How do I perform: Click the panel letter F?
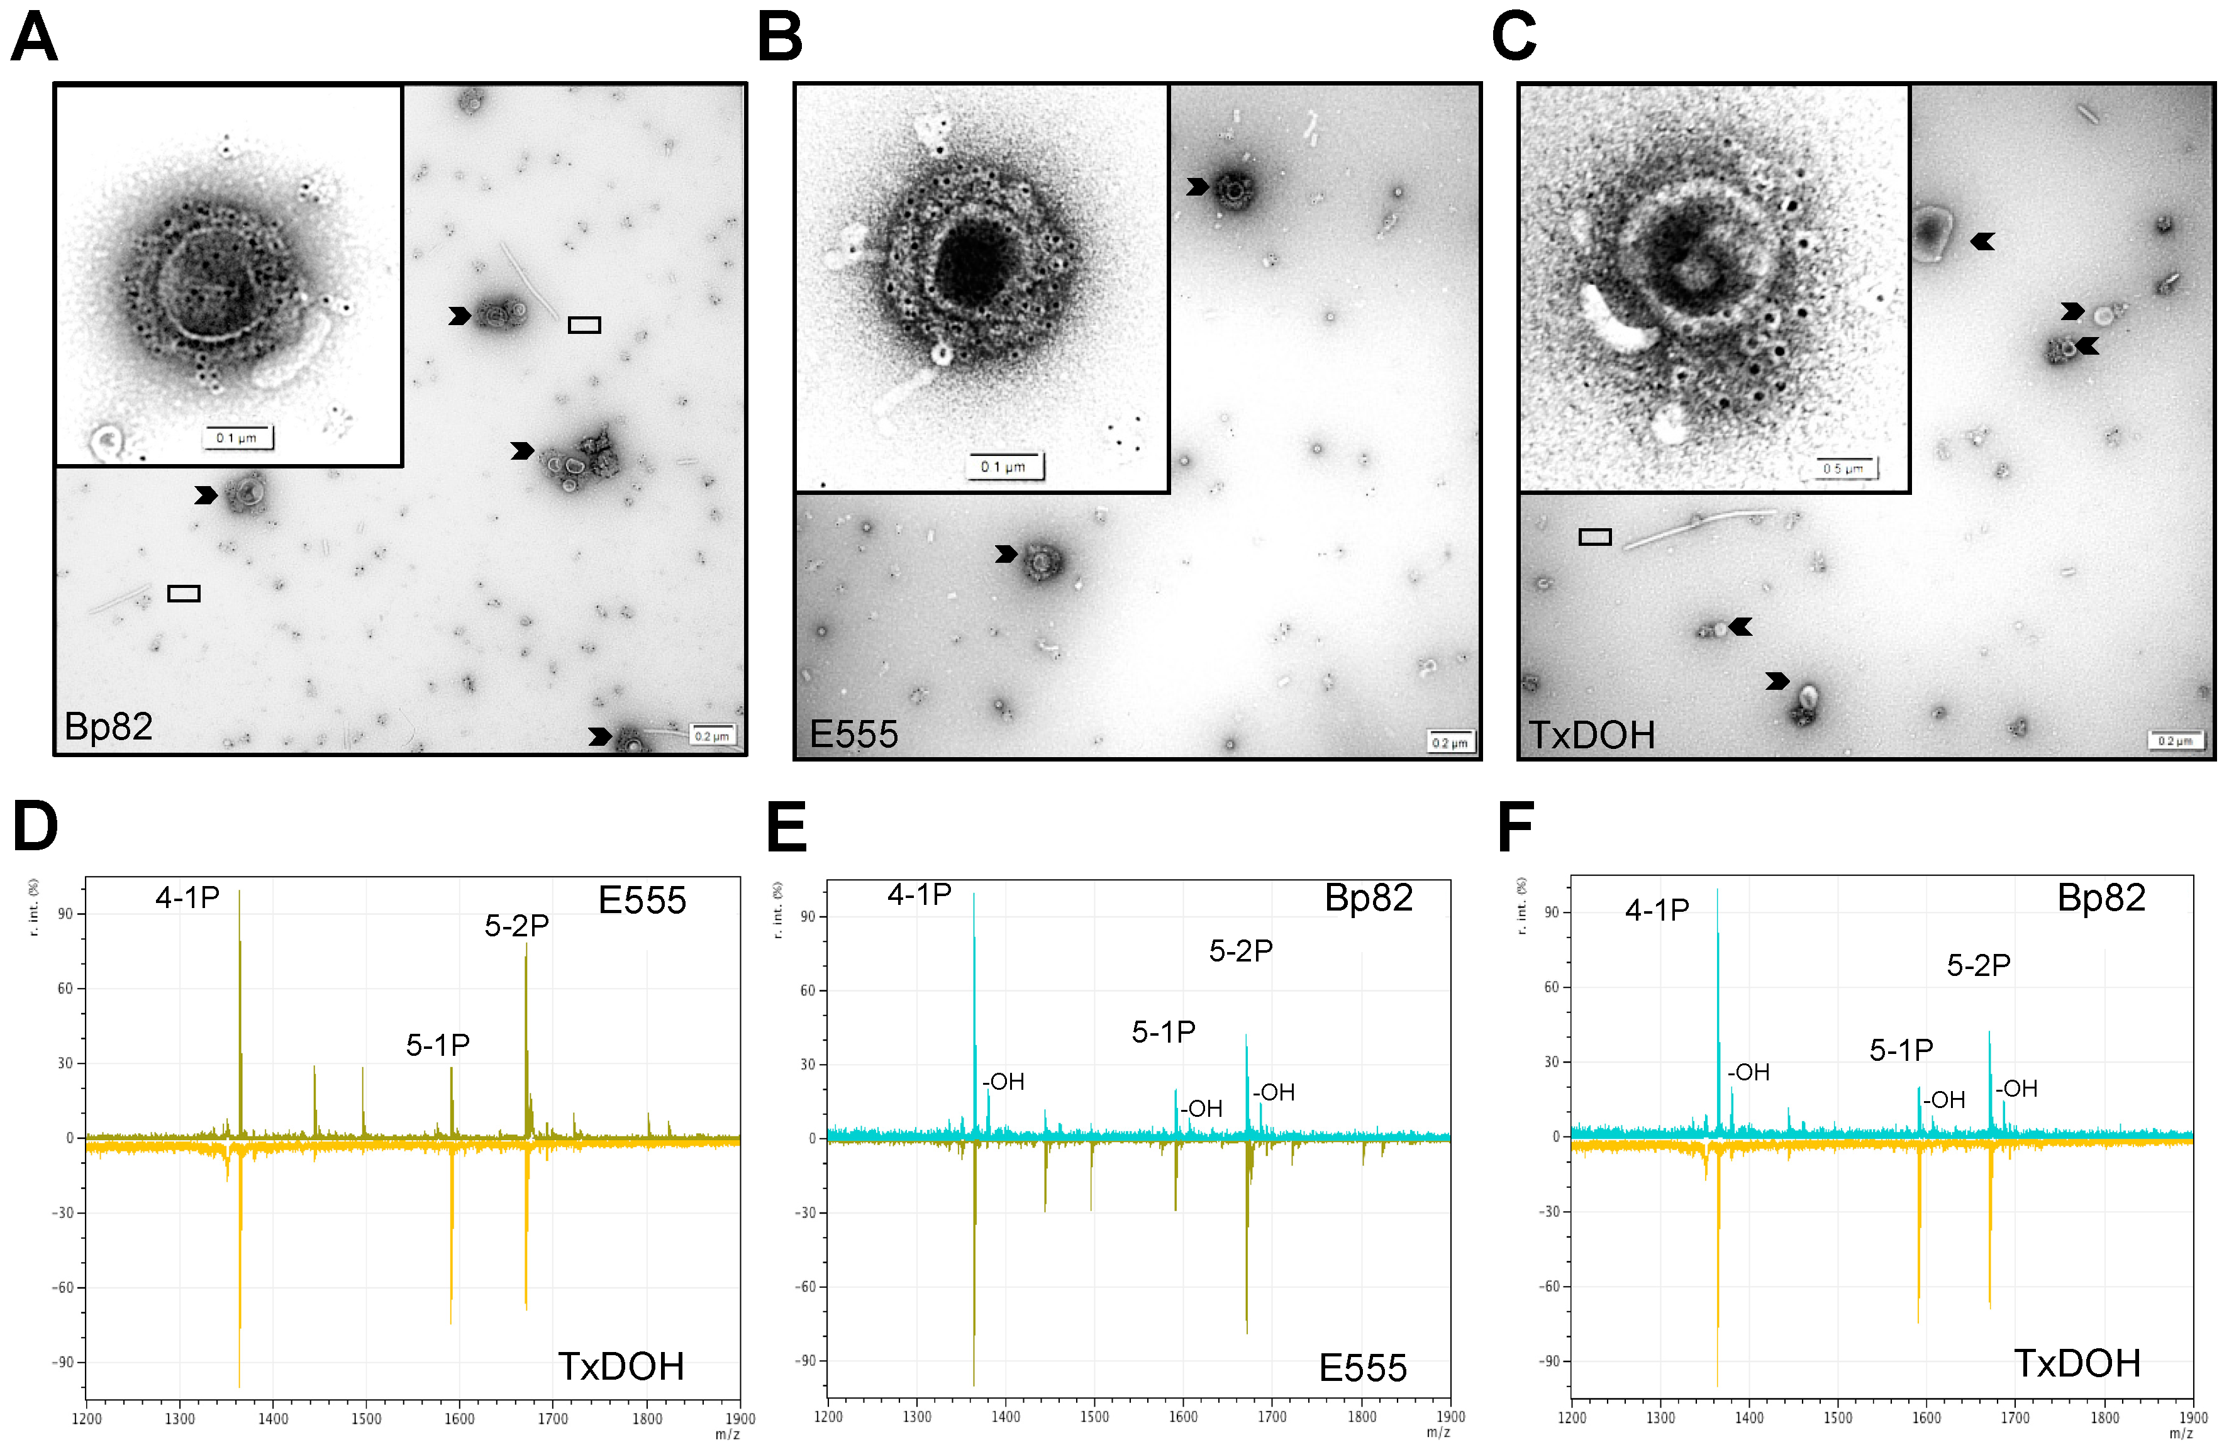tap(1515, 827)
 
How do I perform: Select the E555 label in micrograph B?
tap(853, 734)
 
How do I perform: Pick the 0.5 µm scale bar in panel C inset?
tap(1844, 468)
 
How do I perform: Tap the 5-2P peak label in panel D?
tap(516, 926)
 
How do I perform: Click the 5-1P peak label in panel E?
tap(1163, 1032)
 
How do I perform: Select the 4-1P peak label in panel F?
tap(1657, 910)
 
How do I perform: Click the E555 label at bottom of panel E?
tap(1363, 1368)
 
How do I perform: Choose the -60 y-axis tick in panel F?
tap(1551, 1286)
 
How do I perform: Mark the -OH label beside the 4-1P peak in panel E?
tap(1003, 1082)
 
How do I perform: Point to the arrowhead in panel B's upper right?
tap(1197, 187)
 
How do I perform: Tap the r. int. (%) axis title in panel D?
tap(34, 906)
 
